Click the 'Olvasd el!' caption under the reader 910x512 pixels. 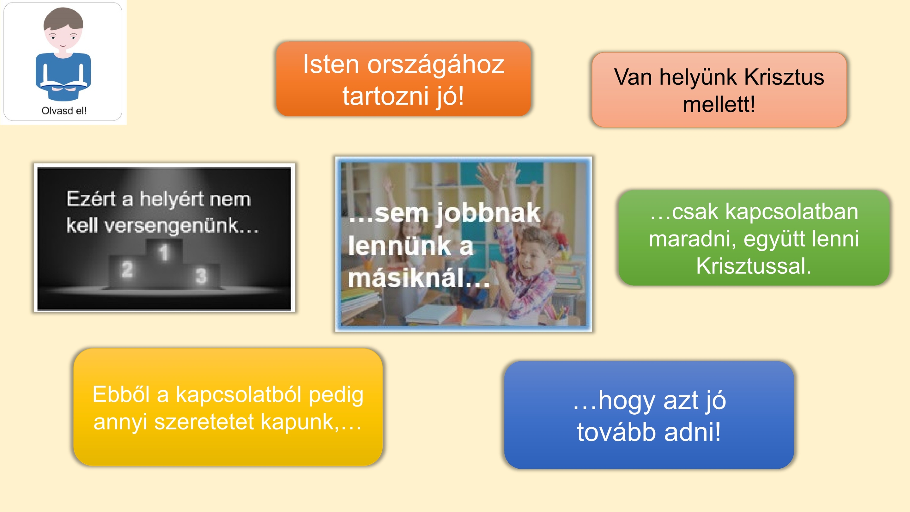(x=64, y=111)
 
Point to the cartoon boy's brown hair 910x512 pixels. (x=63, y=20)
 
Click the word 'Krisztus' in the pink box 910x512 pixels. (x=784, y=77)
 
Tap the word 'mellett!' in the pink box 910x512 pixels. (x=719, y=104)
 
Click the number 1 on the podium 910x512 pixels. (x=164, y=253)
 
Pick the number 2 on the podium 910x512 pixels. (x=127, y=269)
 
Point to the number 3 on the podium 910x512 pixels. (x=201, y=276)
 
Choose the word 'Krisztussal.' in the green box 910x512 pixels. (x=754, y=266)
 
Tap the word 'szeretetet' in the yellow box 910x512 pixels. (x=204, y=422)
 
